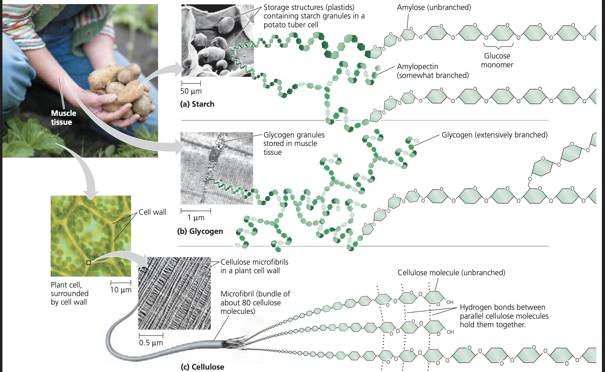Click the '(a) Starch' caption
coord(197,104)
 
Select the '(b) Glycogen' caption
coord(200,231)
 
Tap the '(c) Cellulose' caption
coord(202,367)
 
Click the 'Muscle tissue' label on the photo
coord(63,118)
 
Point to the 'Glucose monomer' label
coord(497,61)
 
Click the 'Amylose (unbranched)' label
coord(434,8)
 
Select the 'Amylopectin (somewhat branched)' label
coord(433,71)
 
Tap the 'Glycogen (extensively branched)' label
coord(494,135)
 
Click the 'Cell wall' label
coord(152,212)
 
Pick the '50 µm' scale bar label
coord(191,91)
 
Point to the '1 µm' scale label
coord(196,218)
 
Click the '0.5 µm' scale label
coord(151,343)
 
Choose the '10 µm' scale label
coord(120,290)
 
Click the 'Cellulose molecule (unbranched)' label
coord(451,273)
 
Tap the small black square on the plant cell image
coord(89,263)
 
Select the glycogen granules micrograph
coord(217,168)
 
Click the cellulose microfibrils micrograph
coord(174,293)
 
